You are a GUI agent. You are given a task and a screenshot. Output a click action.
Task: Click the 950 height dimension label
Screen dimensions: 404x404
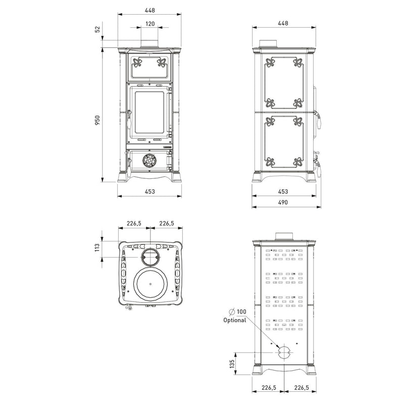[98, 119]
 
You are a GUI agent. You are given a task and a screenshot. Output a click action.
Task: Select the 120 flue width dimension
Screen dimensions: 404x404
[149, 23]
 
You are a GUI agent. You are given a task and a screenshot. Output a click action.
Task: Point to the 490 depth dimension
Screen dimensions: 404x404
[283, 202]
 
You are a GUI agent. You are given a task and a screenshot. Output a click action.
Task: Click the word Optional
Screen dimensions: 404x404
[234, 320]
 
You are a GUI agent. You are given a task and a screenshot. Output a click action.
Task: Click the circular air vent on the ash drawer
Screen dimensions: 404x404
[149, 161]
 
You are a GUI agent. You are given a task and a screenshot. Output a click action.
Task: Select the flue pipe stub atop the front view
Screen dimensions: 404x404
[149, 44]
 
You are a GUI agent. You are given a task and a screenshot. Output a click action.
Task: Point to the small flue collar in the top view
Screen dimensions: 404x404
[149, 257]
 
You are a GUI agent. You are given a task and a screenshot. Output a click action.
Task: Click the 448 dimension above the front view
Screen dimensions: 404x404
[149, 10]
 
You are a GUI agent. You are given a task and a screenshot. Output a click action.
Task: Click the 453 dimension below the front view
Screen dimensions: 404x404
[149, 191]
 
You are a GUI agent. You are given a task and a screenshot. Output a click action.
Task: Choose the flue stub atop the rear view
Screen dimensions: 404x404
[283, 235]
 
